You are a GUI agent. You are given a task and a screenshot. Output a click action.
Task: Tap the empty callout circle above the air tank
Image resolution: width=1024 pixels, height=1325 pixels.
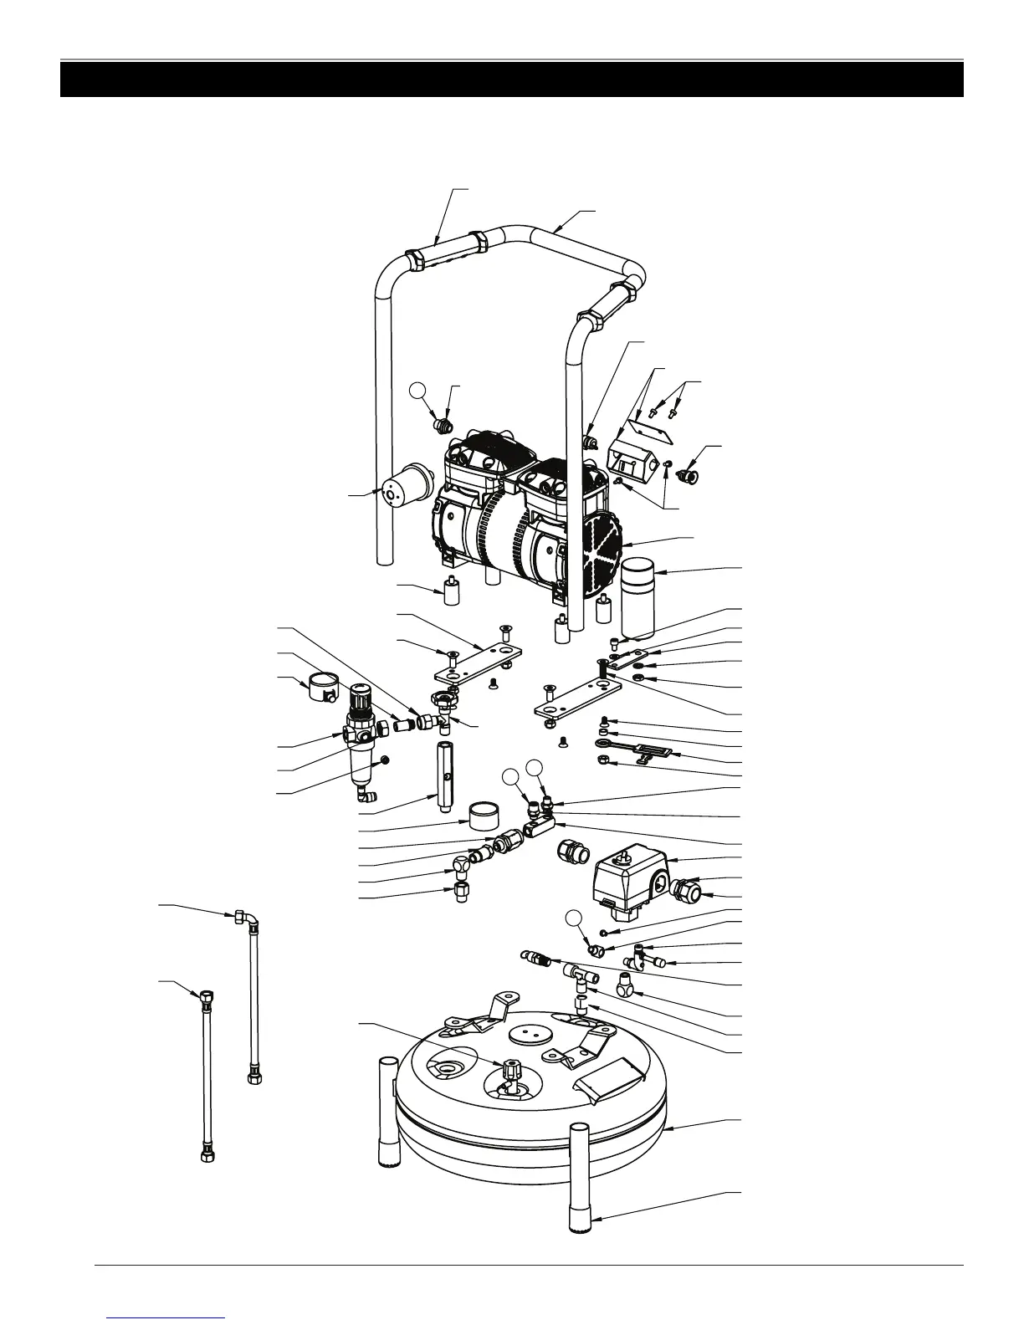tap(572, 918)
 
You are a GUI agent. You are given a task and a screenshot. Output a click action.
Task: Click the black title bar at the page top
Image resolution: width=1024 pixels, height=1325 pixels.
tap(511, 79)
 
